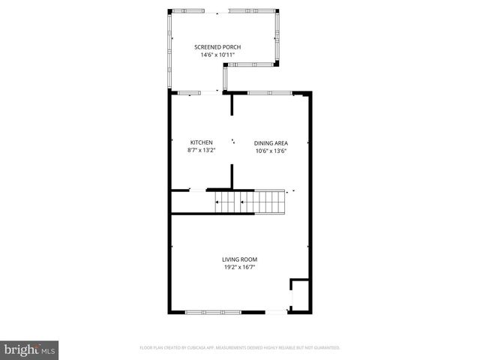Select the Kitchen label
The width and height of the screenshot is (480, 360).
click(x=201, y=142)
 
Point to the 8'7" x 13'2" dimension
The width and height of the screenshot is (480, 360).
click(x=201, y=150)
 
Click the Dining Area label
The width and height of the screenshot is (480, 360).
click(x=271, y=143)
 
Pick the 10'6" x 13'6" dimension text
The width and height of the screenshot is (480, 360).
click(x=271, y=151)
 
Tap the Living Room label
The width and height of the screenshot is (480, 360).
click(x=239, y=259)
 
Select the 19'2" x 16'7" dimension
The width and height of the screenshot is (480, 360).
click(x=239, y=267)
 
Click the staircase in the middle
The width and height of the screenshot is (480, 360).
click(x=250, y=201)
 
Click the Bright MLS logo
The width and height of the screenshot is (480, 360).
click(x=29, y=349)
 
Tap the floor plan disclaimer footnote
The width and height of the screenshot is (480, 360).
click(x=240, y=348)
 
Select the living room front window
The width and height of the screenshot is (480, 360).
click(x=213, y=312)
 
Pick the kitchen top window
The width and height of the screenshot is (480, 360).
click(x=189, y=92)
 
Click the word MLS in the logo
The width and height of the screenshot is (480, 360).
click(x=48, y=350)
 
